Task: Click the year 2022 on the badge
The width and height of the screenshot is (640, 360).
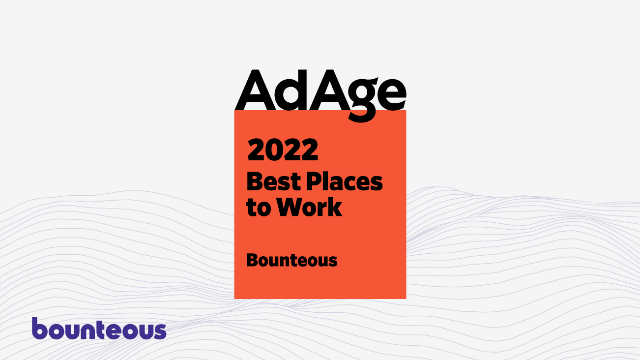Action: tap(283, 150)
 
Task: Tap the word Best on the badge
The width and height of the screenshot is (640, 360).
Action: tap(274, 181)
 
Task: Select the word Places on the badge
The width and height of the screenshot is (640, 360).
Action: tap(344, 181)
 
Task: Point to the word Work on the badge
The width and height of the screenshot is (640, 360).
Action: tap(309, 207)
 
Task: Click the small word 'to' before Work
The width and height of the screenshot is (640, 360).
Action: tap(259, 208)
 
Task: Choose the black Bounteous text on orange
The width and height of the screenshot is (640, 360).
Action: tap(291, 260)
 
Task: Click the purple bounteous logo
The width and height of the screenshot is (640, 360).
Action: tap(99, 328)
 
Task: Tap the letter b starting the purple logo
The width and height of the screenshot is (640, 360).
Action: tap(40, 328)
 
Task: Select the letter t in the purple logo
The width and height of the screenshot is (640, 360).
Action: tap(100, 330)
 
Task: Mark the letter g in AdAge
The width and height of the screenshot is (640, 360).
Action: tap(362, 100)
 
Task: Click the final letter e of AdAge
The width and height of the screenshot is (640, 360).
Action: tap(392, 94)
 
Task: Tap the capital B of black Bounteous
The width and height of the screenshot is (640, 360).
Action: tap(253, 260)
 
